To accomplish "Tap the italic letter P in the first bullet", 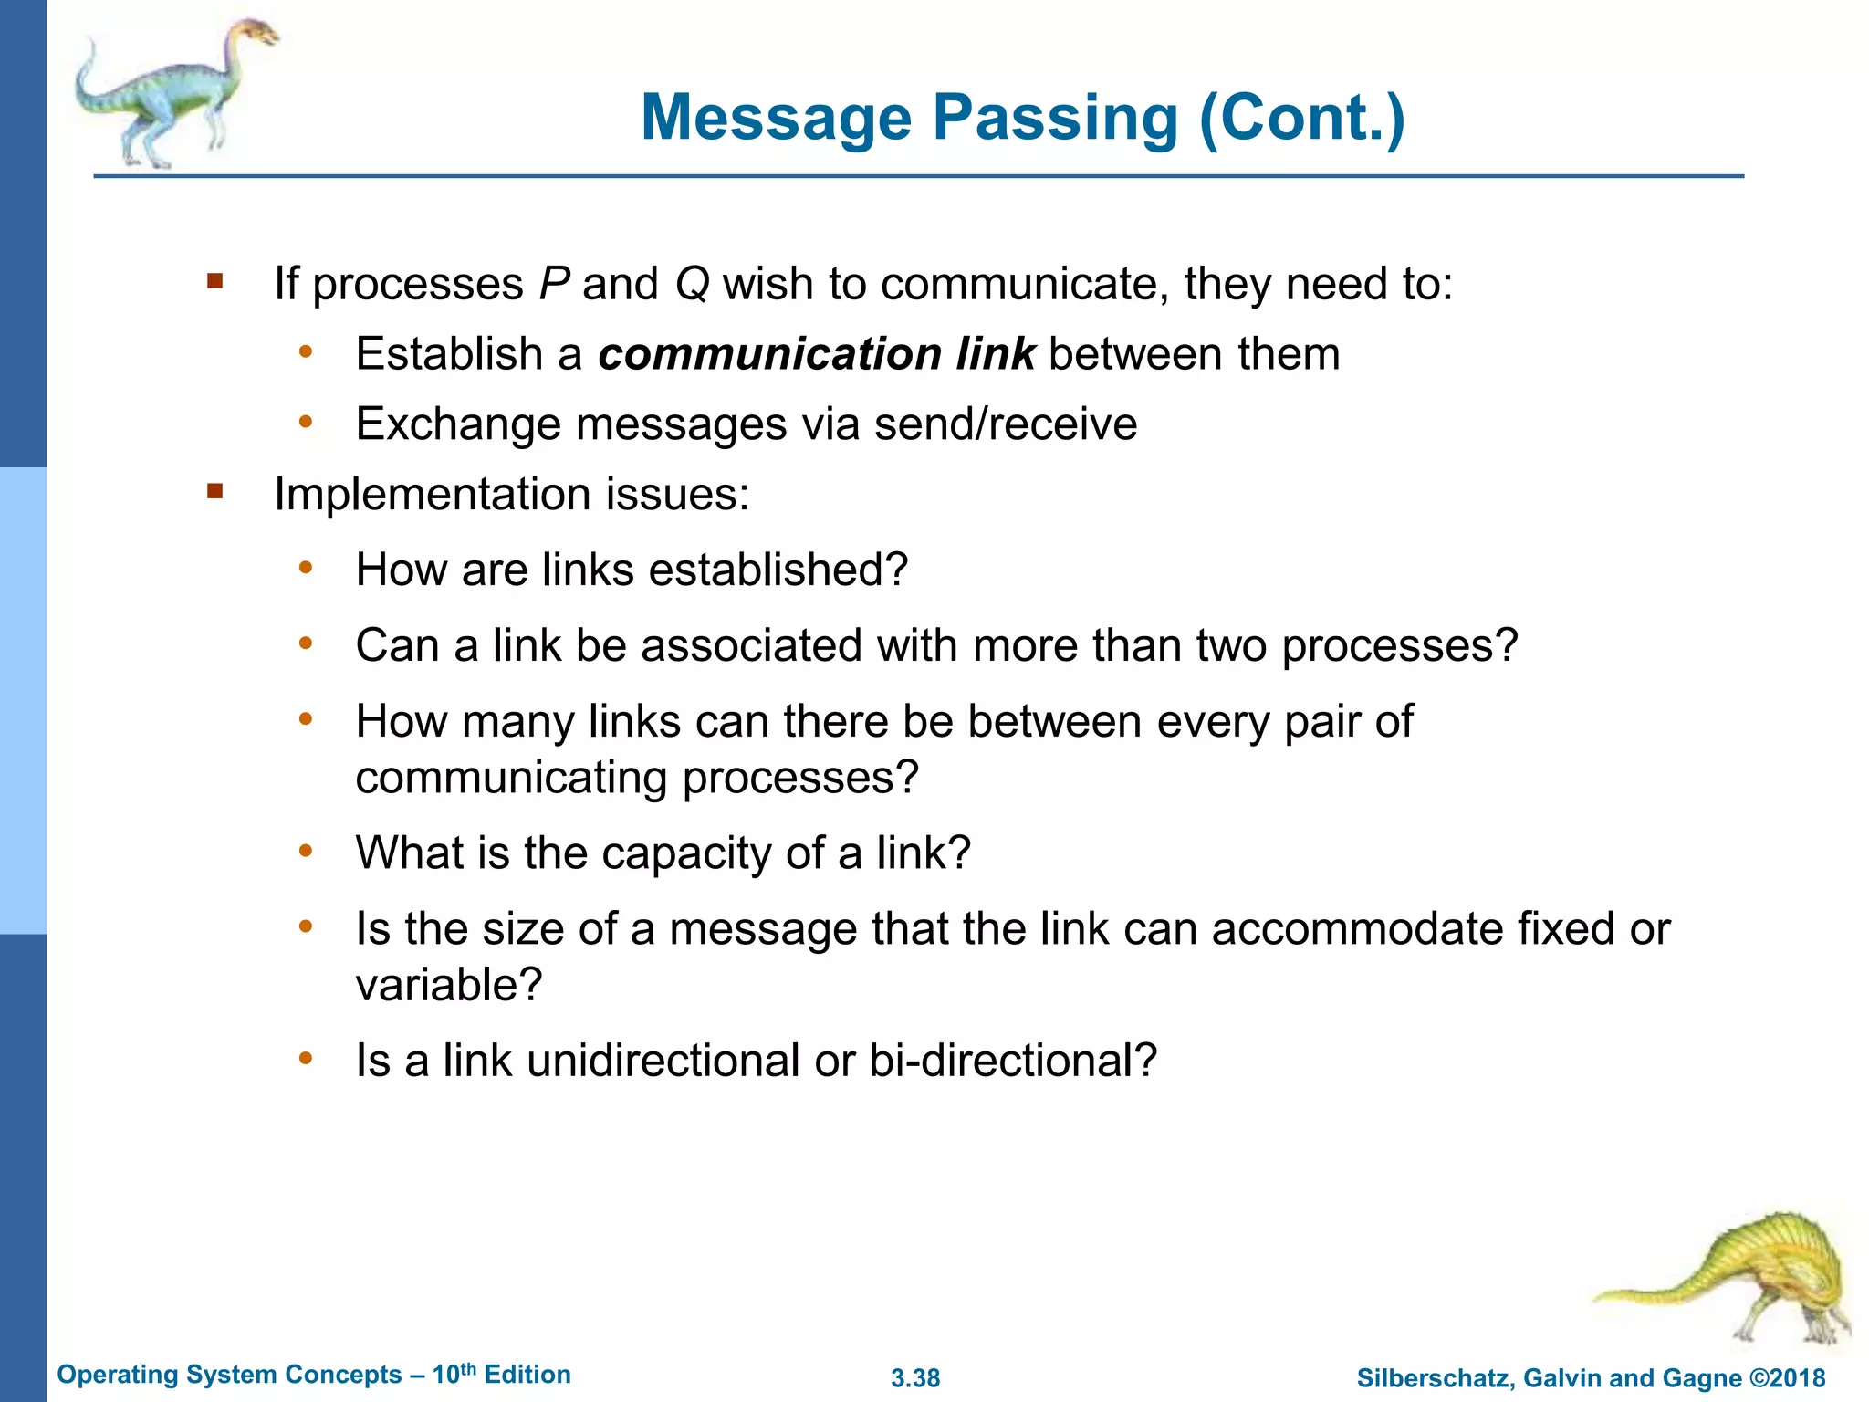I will tap(554, 284).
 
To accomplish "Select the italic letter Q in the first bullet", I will tap(693, 284).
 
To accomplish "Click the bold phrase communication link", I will tap(816, 354).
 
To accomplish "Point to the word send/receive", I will tap(1006, 424).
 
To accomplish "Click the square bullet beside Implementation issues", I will tap(215, 493).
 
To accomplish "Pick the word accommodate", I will tap(1357, 929).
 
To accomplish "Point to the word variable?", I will tap(449, 986).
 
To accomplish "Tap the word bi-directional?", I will tap(1013, 1061).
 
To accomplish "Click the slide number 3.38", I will tap(915, 1378).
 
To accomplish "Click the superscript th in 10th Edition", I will tap(467, 1368).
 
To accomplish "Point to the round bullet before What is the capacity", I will tap(306, 851).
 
